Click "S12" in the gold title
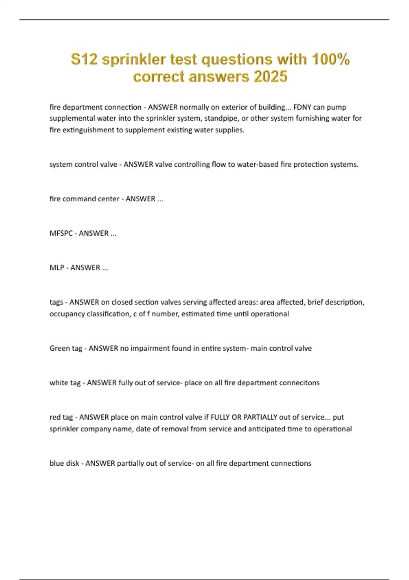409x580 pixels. tap(84, 59)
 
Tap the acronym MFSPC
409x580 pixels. tap(61, 233)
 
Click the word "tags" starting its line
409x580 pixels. tap(56, 303)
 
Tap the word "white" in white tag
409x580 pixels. tap(59, 383)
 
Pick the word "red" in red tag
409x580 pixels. tap(55, 417)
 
